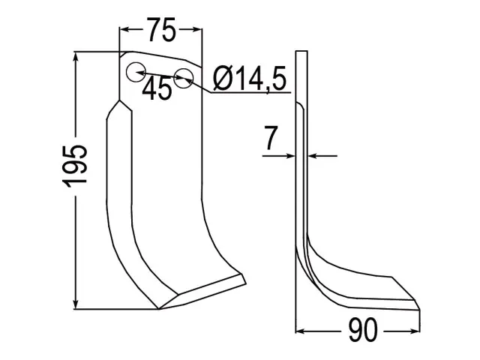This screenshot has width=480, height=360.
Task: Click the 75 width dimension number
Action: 161,29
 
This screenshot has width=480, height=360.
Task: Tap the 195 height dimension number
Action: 75,166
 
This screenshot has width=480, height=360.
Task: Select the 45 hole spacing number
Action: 157,88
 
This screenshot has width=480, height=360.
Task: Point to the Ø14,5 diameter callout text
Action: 250,79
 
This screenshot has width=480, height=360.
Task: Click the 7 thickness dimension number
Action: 270,138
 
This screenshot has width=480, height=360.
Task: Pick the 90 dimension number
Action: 363,331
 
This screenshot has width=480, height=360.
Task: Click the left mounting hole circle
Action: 135,72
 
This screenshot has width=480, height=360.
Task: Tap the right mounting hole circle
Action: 183,78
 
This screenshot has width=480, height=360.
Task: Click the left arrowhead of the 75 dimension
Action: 124,29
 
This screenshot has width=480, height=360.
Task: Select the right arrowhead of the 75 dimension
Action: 197,29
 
